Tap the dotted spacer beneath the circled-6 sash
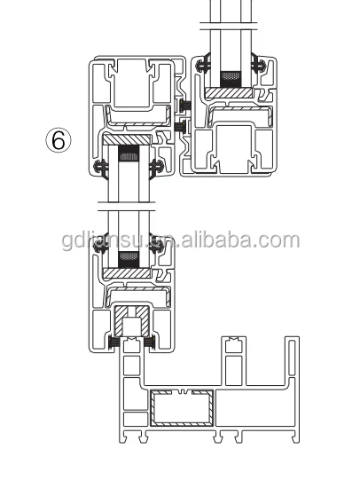(129, 156)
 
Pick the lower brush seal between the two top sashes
(181, 125)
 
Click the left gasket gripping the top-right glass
(205, 64)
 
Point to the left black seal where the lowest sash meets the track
(113, 342)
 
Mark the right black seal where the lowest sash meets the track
(153, 342)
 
